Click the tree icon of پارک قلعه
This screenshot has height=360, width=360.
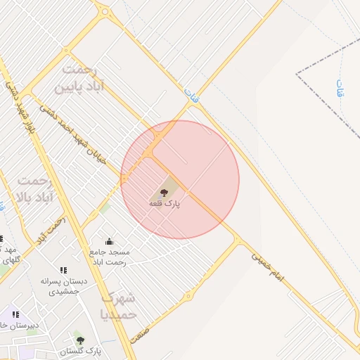[164, 192]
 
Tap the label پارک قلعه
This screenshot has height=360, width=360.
[164, 203]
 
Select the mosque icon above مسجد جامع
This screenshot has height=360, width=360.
[108, 241]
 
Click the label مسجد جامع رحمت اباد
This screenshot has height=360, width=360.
[109, 257]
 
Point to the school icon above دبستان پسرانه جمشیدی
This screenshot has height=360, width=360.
[63, 270]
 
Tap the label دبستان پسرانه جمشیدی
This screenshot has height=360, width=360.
[64, 286]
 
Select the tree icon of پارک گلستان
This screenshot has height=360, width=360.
[79, 340]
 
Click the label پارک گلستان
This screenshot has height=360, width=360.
[80, 350]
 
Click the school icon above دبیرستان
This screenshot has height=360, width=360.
[15, 314]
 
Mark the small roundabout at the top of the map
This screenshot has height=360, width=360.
[103, 11]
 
